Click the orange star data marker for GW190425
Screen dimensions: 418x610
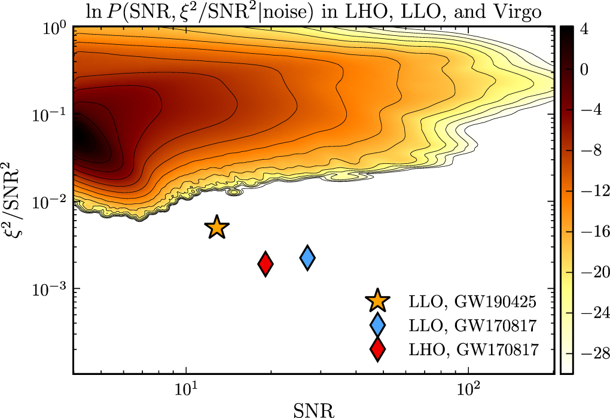(x=216, y=227)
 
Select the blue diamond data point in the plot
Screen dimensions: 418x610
(x=307, y=258)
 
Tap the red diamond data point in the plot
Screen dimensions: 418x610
(x=266, y=264)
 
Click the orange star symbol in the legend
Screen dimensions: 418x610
(x=377, y=301)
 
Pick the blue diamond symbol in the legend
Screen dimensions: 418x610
(x=377, y=325)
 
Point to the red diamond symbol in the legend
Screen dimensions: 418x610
(x=377, y=349)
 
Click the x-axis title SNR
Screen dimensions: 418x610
(x=315, y=409)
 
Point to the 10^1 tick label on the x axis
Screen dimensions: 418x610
(x=187, y=391)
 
